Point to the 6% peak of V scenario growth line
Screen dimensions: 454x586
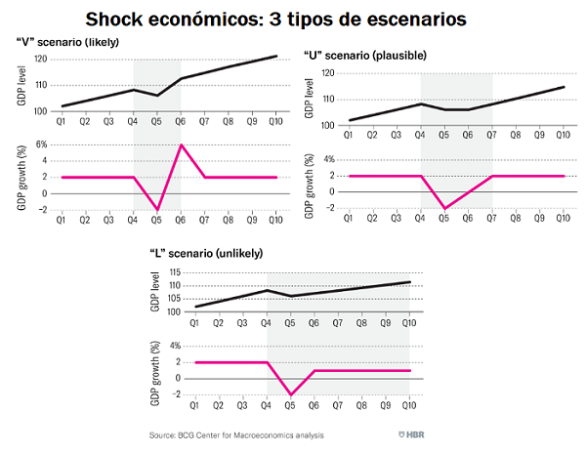click(x=180, y=144)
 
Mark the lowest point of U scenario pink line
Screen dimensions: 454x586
click(x=444, y=209)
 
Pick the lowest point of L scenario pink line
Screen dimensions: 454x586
click(x=290, y=394)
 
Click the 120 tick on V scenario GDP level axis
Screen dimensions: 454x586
click(x=40, y=60)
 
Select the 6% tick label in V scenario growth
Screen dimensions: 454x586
click(x=41, y=144)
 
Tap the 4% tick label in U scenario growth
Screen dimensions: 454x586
click(x=328, y=159)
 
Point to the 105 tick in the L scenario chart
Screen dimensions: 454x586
click(x=174, y=298)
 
